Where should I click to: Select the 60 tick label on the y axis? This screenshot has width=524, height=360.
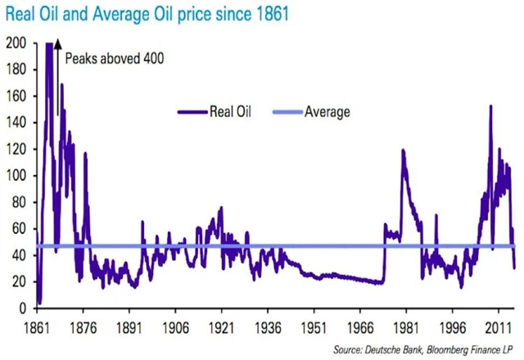click(x=18, y=229)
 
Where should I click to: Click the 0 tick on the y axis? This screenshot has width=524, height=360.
click(x=21, y=308)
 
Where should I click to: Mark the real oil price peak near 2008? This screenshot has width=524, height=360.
click(x=490, y=107)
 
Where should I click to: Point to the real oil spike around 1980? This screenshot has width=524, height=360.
click(x=403, y=151)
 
